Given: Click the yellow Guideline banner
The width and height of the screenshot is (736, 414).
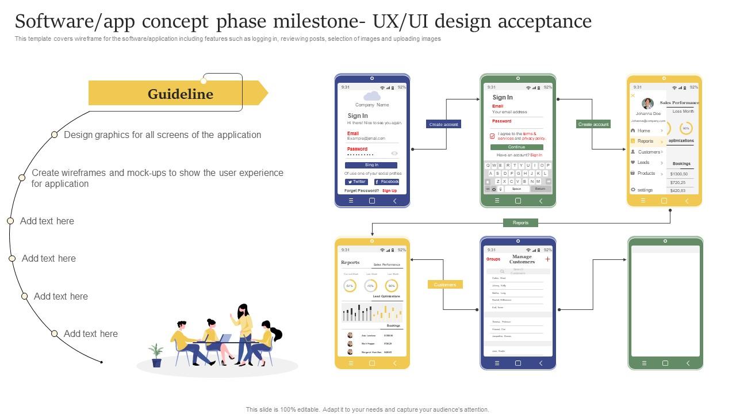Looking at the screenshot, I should tap(178, 93).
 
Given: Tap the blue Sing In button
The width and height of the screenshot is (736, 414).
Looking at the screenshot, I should tap(371, 165).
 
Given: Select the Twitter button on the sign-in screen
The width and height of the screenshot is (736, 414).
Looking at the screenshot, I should tap(356, 182).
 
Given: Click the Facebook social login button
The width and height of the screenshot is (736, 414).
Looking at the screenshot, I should tap(386, 182).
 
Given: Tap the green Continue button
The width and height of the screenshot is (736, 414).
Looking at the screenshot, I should tap(516, 147).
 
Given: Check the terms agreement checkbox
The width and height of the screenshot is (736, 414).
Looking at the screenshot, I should tap(492, 136).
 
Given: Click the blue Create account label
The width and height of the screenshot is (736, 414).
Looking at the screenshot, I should tap(443, 124).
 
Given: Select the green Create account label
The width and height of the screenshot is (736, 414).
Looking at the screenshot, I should tap(593, 124).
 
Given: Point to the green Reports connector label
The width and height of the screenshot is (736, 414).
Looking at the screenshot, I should tap(520, 223).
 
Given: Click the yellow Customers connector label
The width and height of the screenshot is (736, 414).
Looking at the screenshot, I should tap(444, 285).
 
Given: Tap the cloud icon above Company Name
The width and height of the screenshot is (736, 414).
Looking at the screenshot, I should tap(372, 96).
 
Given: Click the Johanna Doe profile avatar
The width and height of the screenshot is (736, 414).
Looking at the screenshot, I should tap(647, 103).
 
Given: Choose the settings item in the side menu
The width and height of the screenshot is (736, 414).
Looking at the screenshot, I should tap(645, 190).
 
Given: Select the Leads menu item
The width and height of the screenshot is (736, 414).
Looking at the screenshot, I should tap(643, 163).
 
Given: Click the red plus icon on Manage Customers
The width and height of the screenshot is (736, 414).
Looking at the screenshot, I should tap(547, 259).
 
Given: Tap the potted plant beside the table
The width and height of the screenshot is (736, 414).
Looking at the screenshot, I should tap(156, 355).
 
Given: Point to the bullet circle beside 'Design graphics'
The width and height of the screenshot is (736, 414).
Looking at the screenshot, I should tap(54, 135).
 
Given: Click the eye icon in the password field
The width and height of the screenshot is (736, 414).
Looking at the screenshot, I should tap(394, 154).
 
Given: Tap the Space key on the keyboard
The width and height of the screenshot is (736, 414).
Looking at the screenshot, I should tap(516, 189).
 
